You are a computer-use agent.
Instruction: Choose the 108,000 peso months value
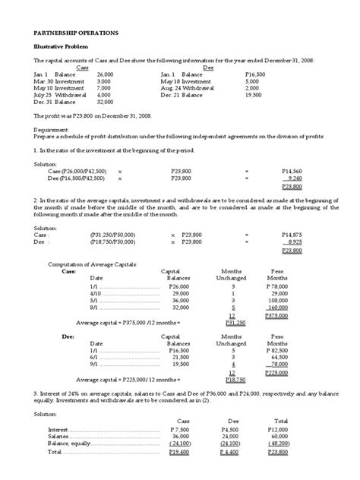pos(280,300)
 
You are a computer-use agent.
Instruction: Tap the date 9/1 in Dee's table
pos(94,364)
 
